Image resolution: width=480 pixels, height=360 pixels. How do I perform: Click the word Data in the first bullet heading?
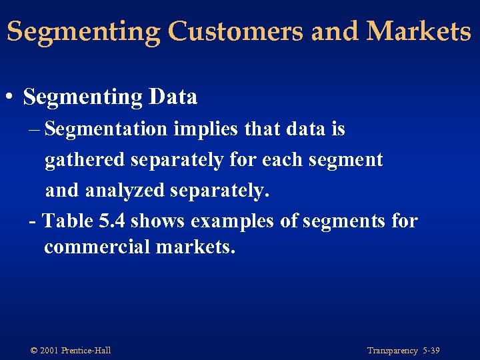pos(173,97)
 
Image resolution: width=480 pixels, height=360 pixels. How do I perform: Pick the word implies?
pos(203,129)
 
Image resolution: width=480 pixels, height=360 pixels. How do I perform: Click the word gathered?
pos(84,160)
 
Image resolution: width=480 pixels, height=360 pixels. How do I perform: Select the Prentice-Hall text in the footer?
pos(86,351)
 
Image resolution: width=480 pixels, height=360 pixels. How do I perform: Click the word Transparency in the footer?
pos(392,351)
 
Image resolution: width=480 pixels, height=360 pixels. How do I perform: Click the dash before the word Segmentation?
pos(35,129)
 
